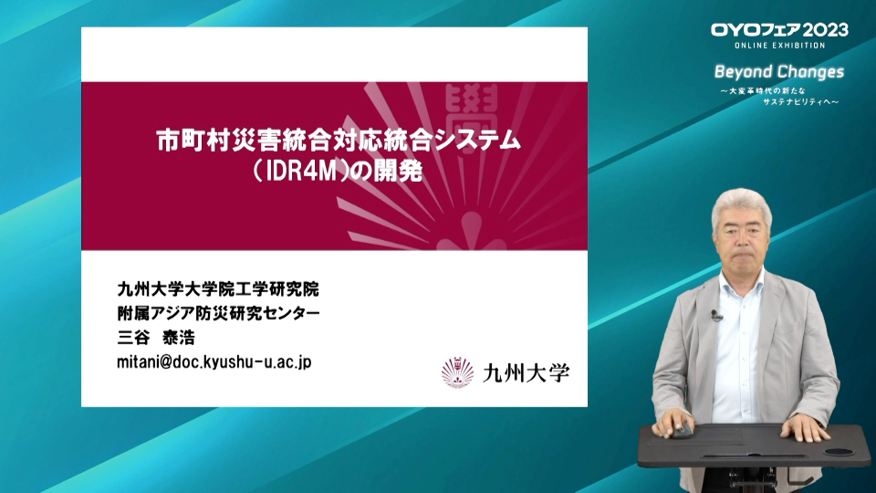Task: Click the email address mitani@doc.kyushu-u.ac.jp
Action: (x=214, y=362)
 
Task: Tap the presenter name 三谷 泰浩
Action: (x=156, y=338)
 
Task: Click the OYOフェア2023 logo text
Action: (x=779, y=29)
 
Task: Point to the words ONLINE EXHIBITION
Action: (x=780, y=46)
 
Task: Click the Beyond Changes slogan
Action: (x=779, y=72)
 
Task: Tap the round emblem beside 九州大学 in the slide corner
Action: (x=457, y=372)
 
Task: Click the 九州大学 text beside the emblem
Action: (x=526, y=372)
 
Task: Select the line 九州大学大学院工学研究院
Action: (x=218, y=289)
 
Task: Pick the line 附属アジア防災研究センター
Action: (x=218, y=313)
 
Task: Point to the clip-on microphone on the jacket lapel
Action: (x=715, y=316)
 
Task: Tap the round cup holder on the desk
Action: (x=839, y=451)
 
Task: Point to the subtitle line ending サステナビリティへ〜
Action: (x=800, y=101)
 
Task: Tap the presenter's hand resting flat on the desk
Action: (x=803, y=429)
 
